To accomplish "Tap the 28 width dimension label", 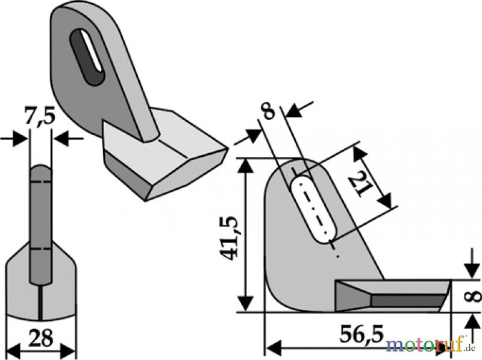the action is (41, 338).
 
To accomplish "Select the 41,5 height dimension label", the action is (229, 238).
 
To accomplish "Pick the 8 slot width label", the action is (269, 112).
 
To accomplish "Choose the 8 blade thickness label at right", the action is (474, 296).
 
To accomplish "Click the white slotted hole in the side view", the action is (313, 209).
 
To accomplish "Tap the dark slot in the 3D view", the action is (87, 57).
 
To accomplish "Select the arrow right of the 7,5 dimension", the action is (67, 139).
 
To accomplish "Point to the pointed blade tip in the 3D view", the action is (228, 149).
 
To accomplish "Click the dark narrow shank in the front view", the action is (41, 224).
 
